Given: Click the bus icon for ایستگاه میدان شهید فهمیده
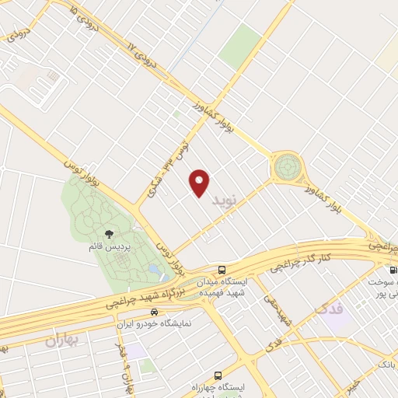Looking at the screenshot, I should (x=222, y=266).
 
